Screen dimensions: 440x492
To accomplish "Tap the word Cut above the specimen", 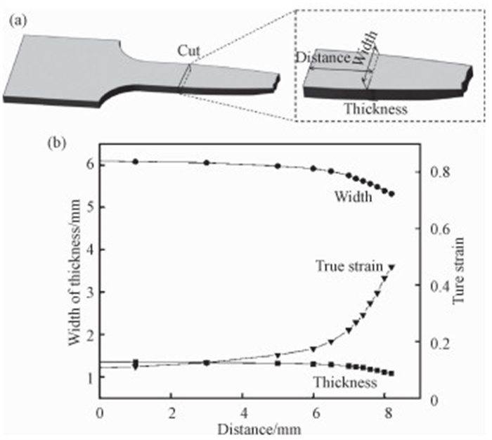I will (189, 51).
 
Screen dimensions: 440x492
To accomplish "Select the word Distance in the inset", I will (323, 58).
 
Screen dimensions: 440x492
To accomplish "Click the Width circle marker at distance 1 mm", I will (136, 162).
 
